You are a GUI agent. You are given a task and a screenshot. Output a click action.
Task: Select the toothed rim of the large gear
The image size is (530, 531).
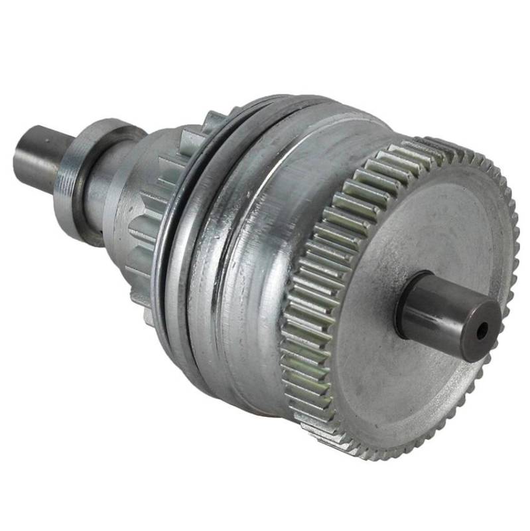tap(312, 292)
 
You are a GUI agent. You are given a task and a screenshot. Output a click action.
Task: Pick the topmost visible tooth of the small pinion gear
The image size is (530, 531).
tap(214, 119)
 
